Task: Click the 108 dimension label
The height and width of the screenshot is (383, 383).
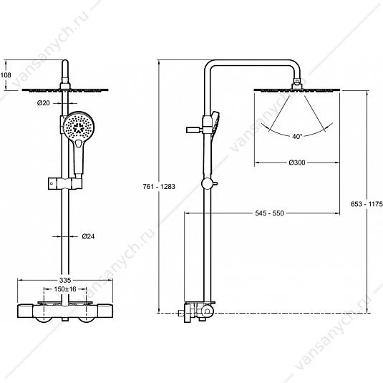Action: [6, 75]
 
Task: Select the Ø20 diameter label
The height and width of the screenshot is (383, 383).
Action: [43, 103]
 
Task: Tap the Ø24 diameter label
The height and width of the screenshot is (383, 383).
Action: [88, 236]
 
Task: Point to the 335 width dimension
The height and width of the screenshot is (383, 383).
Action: [65, 280]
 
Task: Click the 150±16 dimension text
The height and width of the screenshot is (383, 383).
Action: [65, 289]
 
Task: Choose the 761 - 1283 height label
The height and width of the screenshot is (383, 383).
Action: [159, 187]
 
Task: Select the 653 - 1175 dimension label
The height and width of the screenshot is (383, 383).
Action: [367, 204]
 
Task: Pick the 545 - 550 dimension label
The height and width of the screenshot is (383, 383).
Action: [269, 213]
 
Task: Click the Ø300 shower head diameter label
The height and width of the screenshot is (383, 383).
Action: [297, 163]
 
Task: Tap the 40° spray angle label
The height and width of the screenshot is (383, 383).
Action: [297, 136]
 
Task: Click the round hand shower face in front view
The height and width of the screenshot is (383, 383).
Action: [79, 127]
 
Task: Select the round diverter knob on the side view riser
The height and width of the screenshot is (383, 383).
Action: [207, 184]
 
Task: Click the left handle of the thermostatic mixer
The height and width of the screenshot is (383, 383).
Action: [25, 311]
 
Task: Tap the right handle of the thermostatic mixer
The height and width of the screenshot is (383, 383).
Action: [105, 311]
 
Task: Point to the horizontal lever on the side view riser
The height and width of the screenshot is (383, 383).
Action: [195, 130]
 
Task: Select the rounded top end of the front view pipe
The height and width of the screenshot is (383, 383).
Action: [65, 63]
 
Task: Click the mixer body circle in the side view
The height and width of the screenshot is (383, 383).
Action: [208, 311]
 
